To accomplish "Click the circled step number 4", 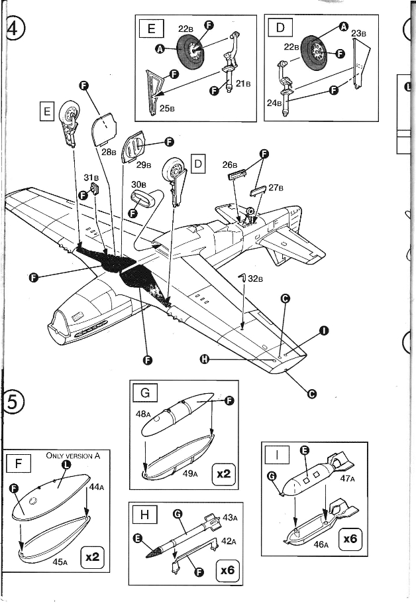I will [x=13, y=30].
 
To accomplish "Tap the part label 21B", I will [x=243, y=84].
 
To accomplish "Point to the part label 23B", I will [x=358, y=33].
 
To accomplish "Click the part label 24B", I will [x=274, y=103].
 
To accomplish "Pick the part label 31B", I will [x=91, y=178].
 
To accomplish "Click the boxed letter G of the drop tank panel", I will [x=145, y=393].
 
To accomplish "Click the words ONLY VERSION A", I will [x=73, y=456].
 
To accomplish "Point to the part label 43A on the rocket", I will [x=229, y=517].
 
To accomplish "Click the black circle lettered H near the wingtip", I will [x=205, y=359].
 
